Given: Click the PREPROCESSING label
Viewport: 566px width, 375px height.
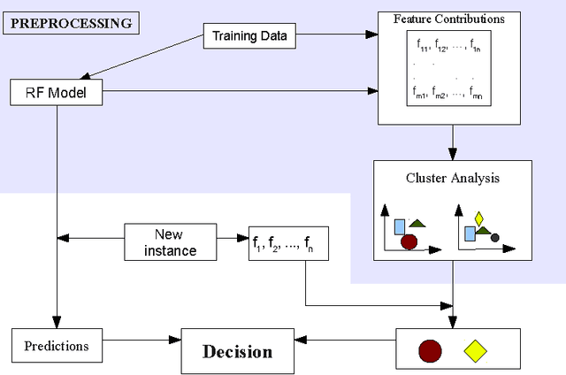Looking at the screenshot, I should [72, 22].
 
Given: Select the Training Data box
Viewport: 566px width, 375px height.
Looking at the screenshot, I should [249, 37].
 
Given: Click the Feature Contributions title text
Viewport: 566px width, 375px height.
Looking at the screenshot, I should [449, 18].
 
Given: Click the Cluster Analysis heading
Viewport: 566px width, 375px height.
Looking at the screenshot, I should [453, 178].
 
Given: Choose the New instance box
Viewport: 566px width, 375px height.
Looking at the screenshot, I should [174, 241].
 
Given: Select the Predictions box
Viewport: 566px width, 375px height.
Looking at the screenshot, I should [56, 346].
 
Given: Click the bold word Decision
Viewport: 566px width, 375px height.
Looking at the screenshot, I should [238, 351].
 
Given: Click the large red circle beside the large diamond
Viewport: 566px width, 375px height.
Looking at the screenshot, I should [430, 351].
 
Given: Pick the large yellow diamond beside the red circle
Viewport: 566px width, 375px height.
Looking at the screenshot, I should [476, 351].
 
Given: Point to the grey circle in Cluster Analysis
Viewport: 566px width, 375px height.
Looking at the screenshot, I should [495, 238].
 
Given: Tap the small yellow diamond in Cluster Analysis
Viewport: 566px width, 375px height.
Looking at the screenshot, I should [479, 218].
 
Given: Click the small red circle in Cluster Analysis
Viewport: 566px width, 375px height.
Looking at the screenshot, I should [409, 241].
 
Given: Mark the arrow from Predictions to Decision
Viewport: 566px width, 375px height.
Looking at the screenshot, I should [141, 340].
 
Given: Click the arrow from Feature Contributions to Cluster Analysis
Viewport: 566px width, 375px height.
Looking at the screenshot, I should [453, 142].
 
